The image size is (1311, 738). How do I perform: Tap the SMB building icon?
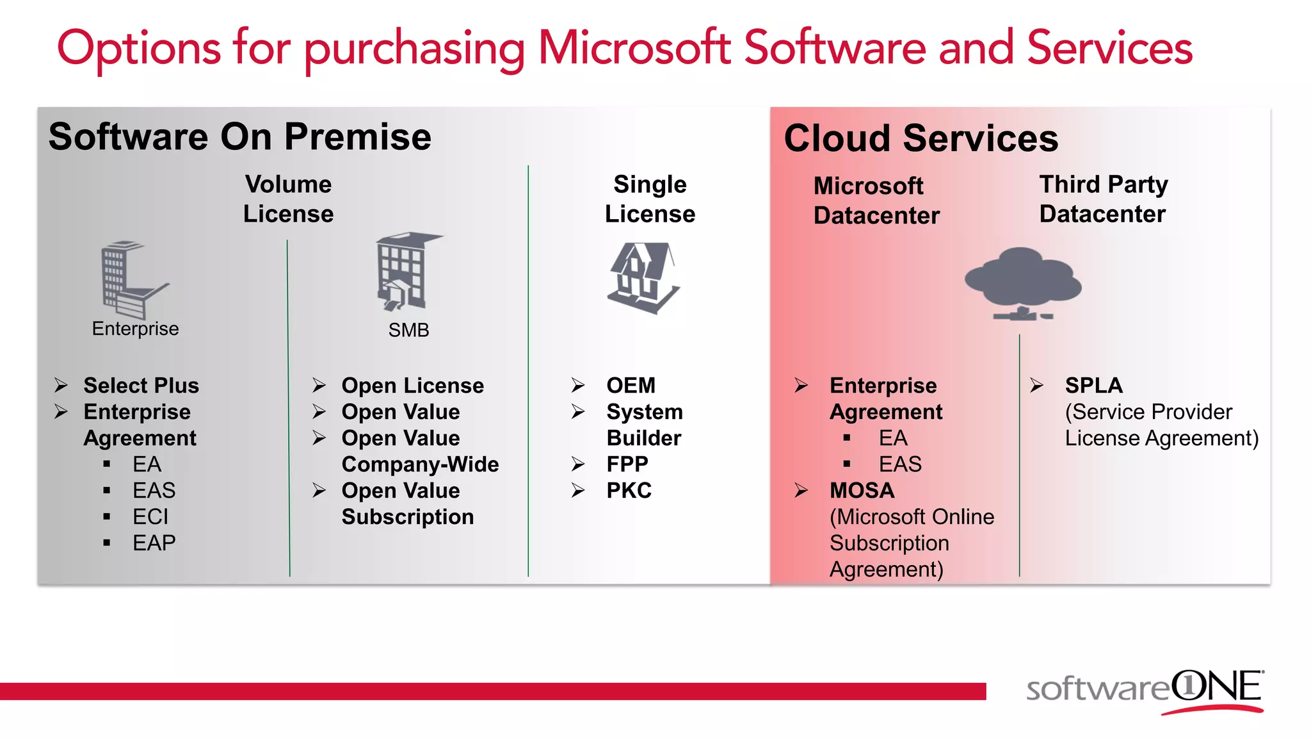[407, 272]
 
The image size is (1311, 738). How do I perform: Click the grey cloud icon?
[1022, 283]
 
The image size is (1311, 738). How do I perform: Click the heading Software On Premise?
[240, 136]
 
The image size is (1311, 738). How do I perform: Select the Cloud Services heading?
[921, 138]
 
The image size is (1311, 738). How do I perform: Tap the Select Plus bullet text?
[141, 386]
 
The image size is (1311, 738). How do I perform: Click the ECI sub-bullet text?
[150, 517]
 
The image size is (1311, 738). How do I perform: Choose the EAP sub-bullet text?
[154, 543]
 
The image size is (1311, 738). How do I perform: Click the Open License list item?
[412, 386]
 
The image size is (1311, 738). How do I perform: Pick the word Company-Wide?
[420, 464]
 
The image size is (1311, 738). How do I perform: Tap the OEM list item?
[631, 386]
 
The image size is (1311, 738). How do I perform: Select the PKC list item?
[629, 491]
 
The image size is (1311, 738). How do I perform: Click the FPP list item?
[627, 464]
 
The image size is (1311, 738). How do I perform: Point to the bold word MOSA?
[862, 491]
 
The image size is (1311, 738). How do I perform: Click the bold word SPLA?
[1093, 386]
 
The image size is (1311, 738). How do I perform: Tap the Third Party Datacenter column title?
[1103, 199]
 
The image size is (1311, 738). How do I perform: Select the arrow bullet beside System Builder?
[578, 412]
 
